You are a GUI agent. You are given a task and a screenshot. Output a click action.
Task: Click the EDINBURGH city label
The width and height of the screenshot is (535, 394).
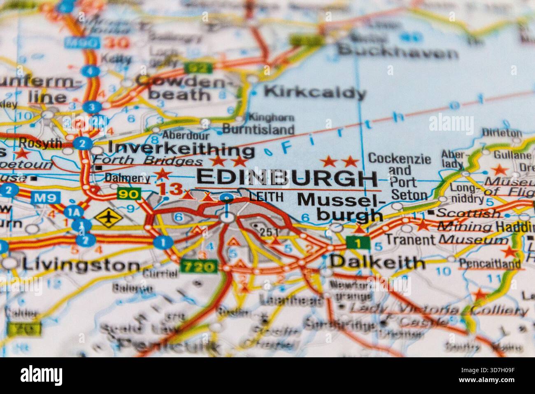coord(287,178)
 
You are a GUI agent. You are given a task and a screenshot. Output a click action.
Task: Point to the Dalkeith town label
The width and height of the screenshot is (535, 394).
coord(377,262)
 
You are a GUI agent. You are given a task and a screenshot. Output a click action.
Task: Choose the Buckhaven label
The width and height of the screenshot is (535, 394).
coord(398,52)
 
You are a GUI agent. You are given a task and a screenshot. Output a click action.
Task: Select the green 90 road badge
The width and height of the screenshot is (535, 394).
coord(128,193)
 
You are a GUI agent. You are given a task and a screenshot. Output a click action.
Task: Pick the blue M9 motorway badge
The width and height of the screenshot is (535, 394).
coord(44,197)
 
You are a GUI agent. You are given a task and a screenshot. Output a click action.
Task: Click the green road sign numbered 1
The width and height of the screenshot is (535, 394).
coord(358,243)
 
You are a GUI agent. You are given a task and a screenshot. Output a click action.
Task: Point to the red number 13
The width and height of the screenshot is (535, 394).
coord(170,189)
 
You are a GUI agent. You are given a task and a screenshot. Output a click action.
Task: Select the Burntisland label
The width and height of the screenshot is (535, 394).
coord(258,129)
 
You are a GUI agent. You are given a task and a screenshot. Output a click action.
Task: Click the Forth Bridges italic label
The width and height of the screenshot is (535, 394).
coord(148,162)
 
